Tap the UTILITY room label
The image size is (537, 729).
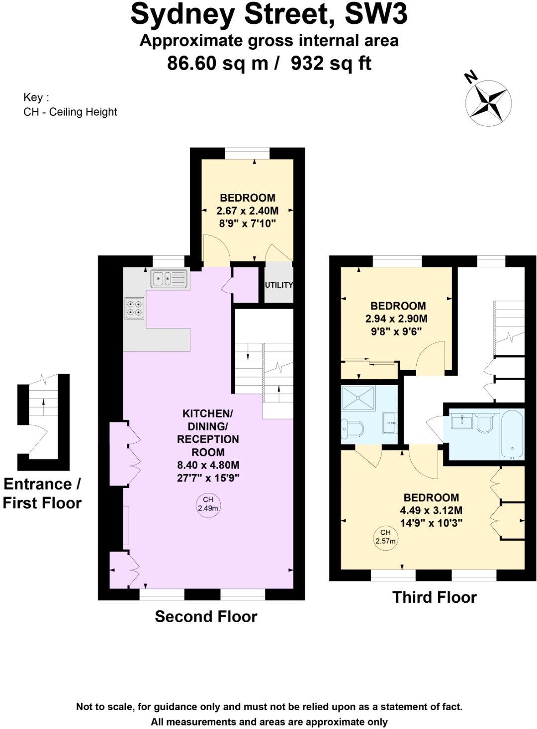[278, 285]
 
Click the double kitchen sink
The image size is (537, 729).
[169, 279]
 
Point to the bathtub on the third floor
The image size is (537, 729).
[512, 434]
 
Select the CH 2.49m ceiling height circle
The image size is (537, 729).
[208, 504]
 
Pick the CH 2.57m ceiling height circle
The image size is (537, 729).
[385, 537]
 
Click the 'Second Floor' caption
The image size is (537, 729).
[206, 617]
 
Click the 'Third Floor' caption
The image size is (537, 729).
[434, 597]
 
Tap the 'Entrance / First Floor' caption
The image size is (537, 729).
[42, 493]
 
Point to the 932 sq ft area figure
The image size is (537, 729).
[331, 63]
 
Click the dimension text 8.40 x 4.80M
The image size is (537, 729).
[208, 465]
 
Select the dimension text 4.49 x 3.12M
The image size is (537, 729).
[431, 510]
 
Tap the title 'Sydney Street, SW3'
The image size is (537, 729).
[269, 15]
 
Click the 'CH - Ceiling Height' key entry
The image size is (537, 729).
[70, 112]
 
